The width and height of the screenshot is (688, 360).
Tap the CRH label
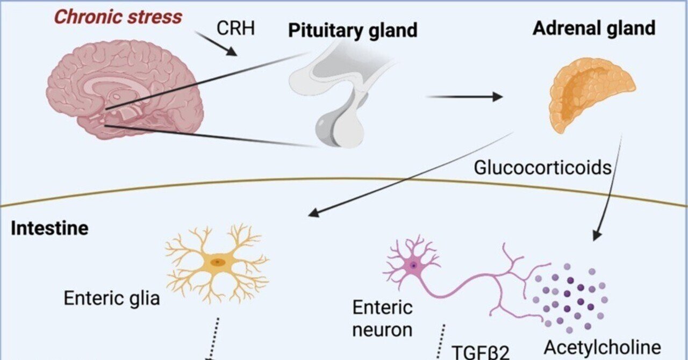pyautogui.click(x=235, y=27)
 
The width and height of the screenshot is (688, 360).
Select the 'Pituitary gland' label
pyautogui.click(x=353, y=31)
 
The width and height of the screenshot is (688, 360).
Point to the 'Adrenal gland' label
pyautogui.click(x=594, y=28)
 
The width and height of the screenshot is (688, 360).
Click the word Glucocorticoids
pyautogui.click(x=542, y=168)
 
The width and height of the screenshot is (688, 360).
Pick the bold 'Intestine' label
pyautogui.click(x=50, y=228)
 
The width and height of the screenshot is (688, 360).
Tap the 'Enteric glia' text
pyautogui.click(x=112, y=298)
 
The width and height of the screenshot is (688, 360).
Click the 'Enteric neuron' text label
pyautogui.click(x=382, y=318)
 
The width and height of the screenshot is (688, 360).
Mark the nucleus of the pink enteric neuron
pyautogui.click(x=413, y=265)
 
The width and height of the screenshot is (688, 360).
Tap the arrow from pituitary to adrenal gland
pyautogui.click(x=464, y=97)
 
